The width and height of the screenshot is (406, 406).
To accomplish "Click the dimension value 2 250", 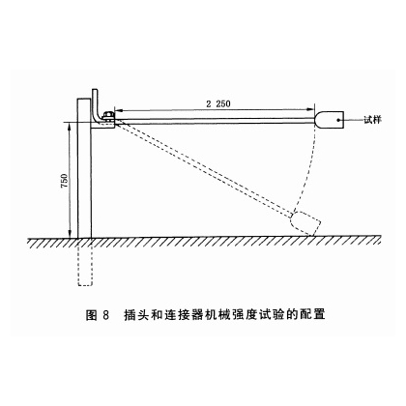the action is (x=218, y=103).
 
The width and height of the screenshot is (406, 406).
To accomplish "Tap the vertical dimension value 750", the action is (x=64, y=181).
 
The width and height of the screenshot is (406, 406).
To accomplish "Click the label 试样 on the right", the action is (x=372, y=120).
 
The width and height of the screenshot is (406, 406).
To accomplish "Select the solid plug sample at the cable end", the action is (x=329, y=120).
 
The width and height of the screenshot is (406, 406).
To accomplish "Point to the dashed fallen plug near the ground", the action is (x=305, y=223).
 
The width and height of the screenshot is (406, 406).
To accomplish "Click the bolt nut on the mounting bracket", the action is (x=107, y=116).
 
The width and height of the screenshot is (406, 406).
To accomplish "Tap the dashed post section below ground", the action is (x=85, y=262).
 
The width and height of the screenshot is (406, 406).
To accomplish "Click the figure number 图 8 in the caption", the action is (x=98, y=314).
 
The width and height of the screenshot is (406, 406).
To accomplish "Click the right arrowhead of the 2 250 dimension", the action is (x=311, y=110).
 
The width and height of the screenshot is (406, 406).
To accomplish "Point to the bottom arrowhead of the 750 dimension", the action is (x=70, y=234).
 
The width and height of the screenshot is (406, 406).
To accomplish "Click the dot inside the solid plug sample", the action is (x=338, y=120).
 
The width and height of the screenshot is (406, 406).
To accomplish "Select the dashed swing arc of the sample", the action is (x=308, y=167).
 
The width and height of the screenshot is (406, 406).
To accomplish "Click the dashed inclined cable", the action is (x=203, y=168).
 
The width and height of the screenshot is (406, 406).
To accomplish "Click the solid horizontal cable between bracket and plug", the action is (x=215, y=121).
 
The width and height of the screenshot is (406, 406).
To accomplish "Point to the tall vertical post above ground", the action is (x=84, y=168).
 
